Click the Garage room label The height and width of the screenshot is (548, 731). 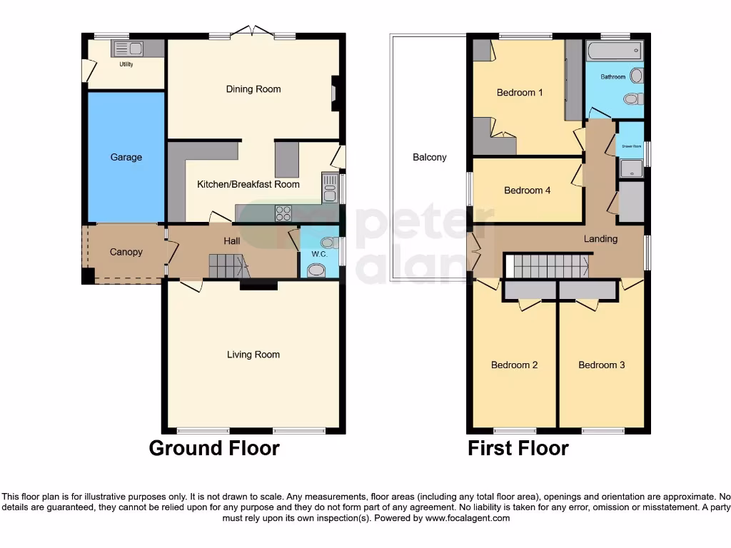click(x=126, y=157)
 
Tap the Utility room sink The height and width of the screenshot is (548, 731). click(x=127, y=49)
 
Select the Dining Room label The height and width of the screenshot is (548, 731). click(x=253, y=89)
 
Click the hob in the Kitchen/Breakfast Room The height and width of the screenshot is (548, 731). click(x=283, y=213)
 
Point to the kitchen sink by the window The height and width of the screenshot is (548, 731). click(x=330, y=188)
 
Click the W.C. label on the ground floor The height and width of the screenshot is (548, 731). click(x=318, y=254)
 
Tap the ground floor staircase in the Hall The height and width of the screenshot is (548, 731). click(x=228, y=266)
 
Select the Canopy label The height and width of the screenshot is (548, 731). click(x=126, y=252)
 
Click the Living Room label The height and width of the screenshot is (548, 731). click(x=253, y=355)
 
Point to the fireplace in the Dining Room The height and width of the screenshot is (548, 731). click(x=334, y=94)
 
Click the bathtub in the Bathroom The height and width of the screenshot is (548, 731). click(x=614, y=51)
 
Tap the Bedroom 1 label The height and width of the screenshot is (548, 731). click(x=520, y=93)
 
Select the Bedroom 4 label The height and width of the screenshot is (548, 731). click(x=527, y=191)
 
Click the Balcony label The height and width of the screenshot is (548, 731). click(x=430, y=157)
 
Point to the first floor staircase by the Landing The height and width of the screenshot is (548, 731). click(x=550, y=266)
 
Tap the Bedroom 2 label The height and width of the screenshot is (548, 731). click(x=514, y=365)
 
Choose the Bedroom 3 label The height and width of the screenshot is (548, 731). click(x=601, y=365)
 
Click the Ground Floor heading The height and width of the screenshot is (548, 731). click(x=214, y=448)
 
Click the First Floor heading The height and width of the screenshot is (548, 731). click(x=518, y=448)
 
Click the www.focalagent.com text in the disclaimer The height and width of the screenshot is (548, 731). click(x=467, y=518)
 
